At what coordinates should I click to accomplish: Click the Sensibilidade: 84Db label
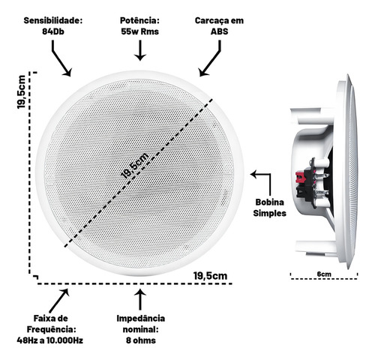tap(53, 26)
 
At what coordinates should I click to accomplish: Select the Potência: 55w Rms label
tap(140, 26)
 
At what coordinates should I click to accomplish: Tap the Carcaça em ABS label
tap(219, 26)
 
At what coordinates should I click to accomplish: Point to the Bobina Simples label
tap(269, 208)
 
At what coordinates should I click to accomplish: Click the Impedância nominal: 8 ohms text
tap(141, 329)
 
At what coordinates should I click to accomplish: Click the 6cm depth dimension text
tap(324, 274)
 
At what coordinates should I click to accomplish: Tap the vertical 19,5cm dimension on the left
tap(22, 91)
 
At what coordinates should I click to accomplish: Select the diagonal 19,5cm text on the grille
tap(134, 165)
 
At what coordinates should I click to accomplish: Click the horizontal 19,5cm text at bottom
tap(210, 276)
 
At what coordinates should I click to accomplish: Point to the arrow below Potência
tap(140, 50)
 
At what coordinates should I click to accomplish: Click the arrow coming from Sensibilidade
tap(61, 58)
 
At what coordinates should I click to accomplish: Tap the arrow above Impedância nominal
tap(140, 299)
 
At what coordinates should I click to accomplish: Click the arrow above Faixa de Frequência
tap(59, 301)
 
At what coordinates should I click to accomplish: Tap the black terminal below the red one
tap(301, 192)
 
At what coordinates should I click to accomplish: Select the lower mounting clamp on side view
tap(315, 247)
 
